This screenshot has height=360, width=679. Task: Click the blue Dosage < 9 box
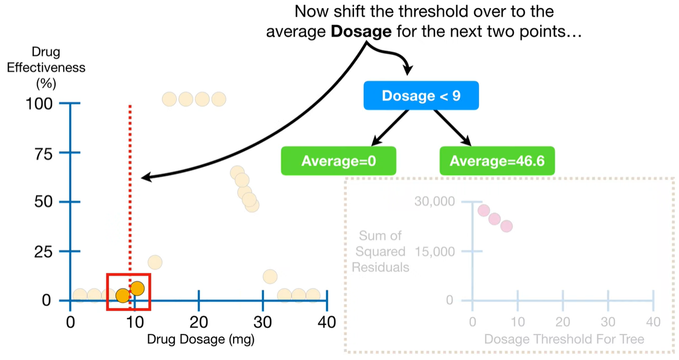421,96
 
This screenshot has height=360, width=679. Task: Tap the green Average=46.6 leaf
497,161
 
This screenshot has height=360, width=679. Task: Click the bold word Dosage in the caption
361,32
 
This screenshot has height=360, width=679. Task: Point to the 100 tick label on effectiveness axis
39,103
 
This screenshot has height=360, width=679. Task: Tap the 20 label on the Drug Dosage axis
199,321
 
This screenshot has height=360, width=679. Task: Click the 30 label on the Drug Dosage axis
263,321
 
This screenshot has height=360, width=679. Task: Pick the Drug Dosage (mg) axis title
201,339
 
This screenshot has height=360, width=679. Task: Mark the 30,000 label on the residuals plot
434,202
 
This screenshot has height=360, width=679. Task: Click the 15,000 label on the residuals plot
434,251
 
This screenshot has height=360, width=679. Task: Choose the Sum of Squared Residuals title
381,251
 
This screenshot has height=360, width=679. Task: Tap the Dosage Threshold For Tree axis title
564,339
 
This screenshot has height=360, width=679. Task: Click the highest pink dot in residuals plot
484,211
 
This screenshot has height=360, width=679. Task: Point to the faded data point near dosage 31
270,276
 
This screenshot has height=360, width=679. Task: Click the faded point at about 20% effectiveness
155,262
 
